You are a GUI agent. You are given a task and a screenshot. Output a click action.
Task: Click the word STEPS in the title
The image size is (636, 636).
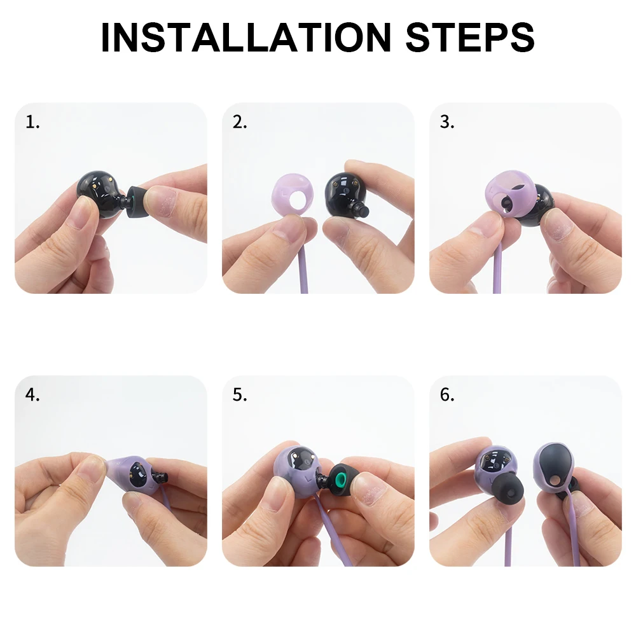click(x=470, y=38)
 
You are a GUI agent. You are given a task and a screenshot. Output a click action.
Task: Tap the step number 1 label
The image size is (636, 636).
click(x=32, y=122)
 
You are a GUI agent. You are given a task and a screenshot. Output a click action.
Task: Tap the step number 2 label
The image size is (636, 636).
click(x=240, y=122)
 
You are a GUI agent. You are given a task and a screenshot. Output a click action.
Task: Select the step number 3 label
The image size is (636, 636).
click(x=447, y=122)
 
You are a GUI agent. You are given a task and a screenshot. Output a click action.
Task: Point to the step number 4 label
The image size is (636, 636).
click(x=32, y=394)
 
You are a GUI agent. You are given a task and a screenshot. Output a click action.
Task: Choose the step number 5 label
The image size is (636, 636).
click(x=240, y=394)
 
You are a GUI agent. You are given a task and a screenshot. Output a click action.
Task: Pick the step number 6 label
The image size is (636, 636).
click(x=447, y=394)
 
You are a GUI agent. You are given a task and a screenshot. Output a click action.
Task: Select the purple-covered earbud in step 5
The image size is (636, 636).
click(x=299, y=471)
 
